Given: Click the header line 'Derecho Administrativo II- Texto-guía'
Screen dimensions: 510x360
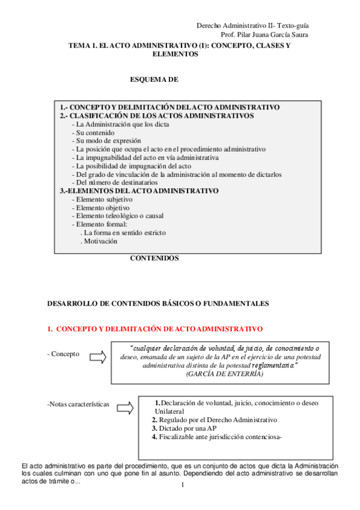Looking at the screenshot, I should [x=252, y=25].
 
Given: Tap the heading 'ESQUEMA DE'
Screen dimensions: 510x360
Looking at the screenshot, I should [x=154, y=79].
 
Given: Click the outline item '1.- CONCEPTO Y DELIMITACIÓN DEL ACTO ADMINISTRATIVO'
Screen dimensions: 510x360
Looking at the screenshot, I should [x=169, y=107].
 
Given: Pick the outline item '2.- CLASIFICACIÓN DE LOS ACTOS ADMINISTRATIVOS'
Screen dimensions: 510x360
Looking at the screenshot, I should [x=156, y=115].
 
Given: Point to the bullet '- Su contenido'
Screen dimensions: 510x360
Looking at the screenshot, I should [x=93, y=132].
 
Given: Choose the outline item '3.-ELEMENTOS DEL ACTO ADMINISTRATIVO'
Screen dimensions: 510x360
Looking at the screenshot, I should [x=139, y=191].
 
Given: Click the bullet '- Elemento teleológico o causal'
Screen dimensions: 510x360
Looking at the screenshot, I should [x=117, y=216].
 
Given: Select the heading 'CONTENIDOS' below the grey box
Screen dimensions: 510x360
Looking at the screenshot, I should [x=154, y=258].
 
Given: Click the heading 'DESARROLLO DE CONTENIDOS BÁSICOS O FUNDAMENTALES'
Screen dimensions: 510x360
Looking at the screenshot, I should [x=158, y=304].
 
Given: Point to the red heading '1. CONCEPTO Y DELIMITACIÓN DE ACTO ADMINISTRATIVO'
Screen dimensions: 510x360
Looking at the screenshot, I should [x=155, y=329].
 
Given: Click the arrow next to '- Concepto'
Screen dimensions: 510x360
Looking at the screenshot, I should [x=97, y=357].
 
